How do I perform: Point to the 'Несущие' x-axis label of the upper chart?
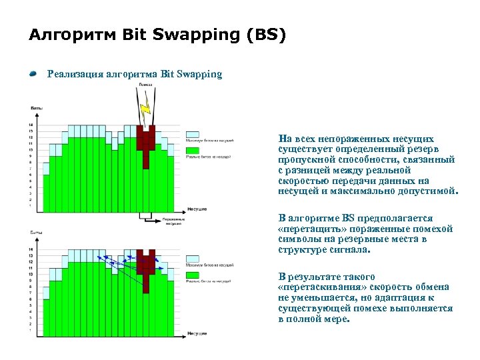[197, 209]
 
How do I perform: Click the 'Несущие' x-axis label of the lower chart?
[197, 333]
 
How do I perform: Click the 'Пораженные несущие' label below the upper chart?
[173, 221]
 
